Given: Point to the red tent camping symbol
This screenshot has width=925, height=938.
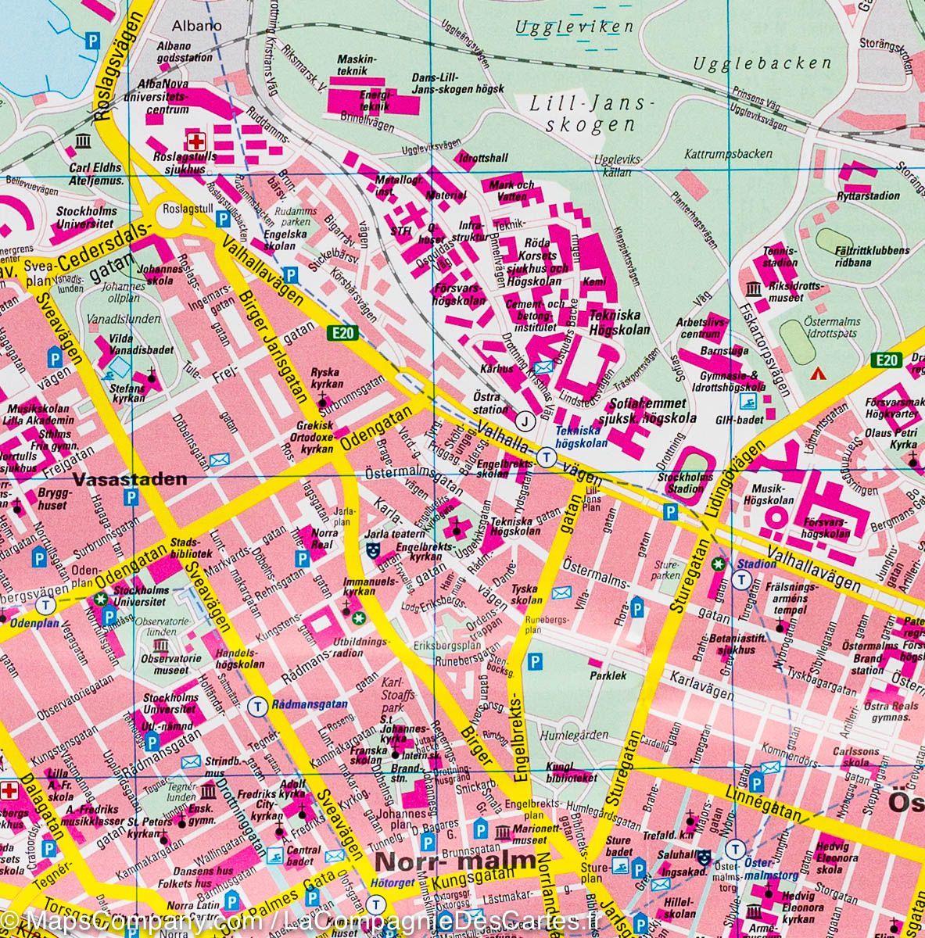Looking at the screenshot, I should pos(819,373).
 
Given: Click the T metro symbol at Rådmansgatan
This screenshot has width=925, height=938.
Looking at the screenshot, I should pos(255,705).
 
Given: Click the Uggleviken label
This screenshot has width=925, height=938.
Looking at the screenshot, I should pos(574,27).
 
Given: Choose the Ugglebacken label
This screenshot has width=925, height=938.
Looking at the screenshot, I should pos(762,63).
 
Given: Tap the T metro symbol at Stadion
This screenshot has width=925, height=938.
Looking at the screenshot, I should pos(742,578).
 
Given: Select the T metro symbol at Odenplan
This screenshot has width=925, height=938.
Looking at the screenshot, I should pos(48,605).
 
